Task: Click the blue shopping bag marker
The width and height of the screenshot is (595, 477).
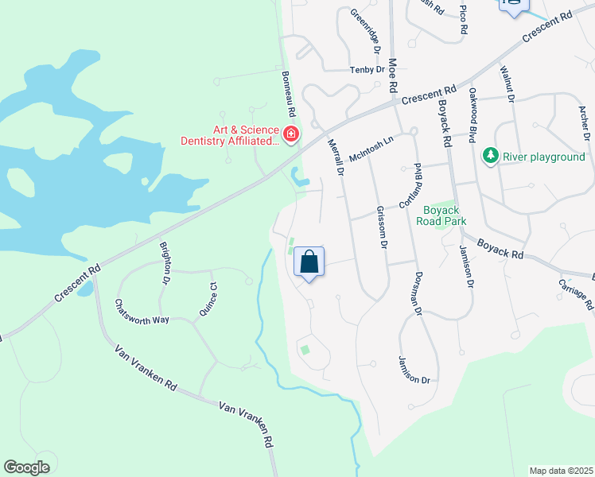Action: click(309, 262)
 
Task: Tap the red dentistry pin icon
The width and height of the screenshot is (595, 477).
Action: click(291, 133)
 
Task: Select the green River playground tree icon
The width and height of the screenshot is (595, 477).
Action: click(491, 156)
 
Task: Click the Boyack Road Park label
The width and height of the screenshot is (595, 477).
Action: click(439, 215)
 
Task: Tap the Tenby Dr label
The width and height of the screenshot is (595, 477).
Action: click(367, 70)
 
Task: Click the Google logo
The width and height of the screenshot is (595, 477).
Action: click(26, 467)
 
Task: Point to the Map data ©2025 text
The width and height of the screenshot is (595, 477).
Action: click(562, 471)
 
